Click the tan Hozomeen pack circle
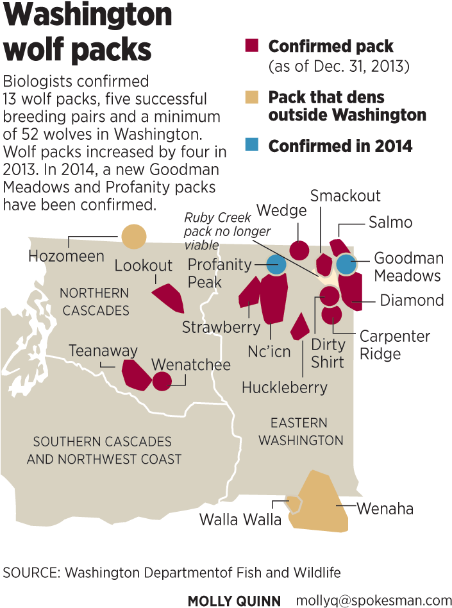[x=134, y=237]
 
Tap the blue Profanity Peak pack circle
[x=276, y=264]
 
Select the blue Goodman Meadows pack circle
[x=346, y=264]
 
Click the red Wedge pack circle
[x=299, y=249]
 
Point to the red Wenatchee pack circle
[x=162, y=381]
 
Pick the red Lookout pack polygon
[x=168, y=297]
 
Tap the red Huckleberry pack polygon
[x=299, y=327]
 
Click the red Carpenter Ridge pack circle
[x=331, y=315]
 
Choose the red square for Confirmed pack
[x=252, y=46]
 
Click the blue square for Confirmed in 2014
[x=252, y=145]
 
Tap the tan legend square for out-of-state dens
[x=252, y=97]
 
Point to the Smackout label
[x=346, y=196]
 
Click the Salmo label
[x=390, y=223]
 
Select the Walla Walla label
[x=240, y=519]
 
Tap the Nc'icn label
[x=269, y=351]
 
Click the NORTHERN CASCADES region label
[x=94, y=301]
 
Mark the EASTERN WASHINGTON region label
[x=301, y=432]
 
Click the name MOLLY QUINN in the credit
[x=234, y=600]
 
